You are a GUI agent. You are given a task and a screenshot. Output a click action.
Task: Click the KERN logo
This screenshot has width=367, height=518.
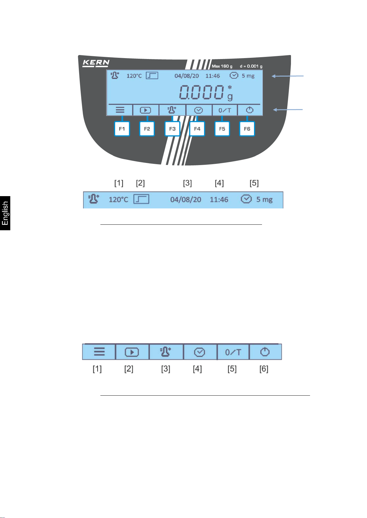pyautogui.click(x=96, y=63)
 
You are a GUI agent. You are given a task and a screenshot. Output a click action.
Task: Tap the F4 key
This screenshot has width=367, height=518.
pyautogui.click(x=197, y=129)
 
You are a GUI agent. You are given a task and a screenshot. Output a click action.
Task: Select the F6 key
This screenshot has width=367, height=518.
pyautogui.click(x=247, y=129)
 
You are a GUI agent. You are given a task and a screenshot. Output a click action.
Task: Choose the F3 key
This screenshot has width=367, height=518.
pyautogui.click(x=172, y=129)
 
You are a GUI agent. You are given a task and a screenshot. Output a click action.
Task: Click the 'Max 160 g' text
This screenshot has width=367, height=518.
pyautogui.click(x=222, y=66)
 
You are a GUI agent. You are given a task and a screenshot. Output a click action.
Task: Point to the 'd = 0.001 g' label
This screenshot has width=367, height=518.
pyautogui.click(x=251, y=66)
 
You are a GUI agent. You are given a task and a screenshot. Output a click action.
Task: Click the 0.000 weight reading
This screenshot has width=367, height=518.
pyautogui.click(x=202, y=92)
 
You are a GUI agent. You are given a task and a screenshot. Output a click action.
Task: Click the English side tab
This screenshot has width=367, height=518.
pyautogui.click(x=5, y=213)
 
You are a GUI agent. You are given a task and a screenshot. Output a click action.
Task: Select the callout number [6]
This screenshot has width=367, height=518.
pyautogui.click(x=264, y=369)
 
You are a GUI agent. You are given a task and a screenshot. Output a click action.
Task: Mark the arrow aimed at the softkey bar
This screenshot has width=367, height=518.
pyautogui.click(x=288, y=109)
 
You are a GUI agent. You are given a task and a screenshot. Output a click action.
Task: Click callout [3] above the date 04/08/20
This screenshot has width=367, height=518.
pyautogui.click(x=187, y=183)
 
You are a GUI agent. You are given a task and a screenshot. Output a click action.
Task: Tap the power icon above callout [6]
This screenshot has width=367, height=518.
pyautogui.click(x=265, y=352)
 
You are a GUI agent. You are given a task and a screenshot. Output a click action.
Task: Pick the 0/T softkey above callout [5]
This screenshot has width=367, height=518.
pyautogui.click(x=233, y=352)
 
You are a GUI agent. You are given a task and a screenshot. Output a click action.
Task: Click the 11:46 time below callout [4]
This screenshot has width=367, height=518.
pyautogui.click(x=219, y=200)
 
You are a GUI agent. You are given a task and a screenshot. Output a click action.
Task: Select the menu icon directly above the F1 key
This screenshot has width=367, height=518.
pyautogui.click(x=120, y=110)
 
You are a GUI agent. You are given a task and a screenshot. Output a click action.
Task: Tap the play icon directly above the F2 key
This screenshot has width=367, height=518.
pyautogui.click(x=145, y=110)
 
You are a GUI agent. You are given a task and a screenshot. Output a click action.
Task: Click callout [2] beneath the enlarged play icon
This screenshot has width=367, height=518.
pyautogui.click(x=129, y=369)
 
